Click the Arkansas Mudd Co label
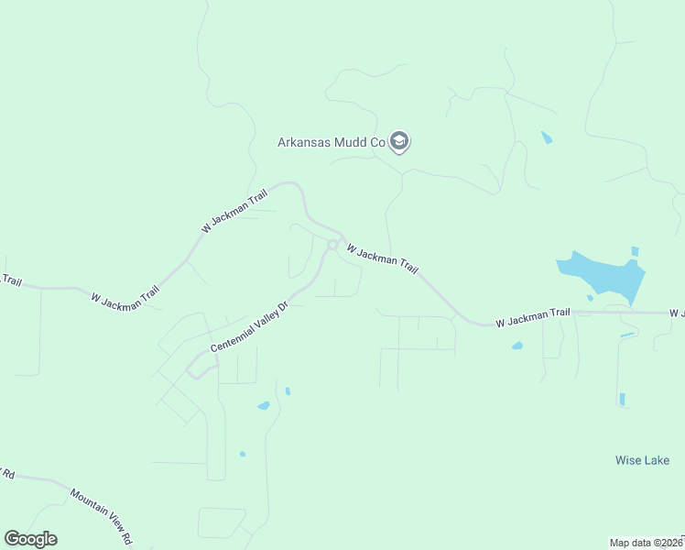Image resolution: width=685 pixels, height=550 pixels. [x=331, y=142]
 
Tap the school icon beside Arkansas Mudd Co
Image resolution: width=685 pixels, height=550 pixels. [x=398, y=141]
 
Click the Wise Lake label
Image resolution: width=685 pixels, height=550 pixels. [x=642, y=460]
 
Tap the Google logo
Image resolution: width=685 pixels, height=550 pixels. [x=30, y=539]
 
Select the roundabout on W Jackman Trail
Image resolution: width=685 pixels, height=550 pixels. [x=332, y=245]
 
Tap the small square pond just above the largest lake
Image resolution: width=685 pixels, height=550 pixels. [x=634, y=251]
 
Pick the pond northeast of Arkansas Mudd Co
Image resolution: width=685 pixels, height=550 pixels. [x=547, y=137]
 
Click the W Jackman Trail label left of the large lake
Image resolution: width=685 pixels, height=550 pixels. [x=532, y=317]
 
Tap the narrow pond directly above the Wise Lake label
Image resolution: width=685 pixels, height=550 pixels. [x=622, y=399]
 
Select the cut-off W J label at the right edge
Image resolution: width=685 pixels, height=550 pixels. [x=676, y=313]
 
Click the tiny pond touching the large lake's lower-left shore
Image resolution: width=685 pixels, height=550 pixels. [x=590, y=297]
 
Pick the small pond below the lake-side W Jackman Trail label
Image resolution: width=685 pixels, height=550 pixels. [x=517, y=346]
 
